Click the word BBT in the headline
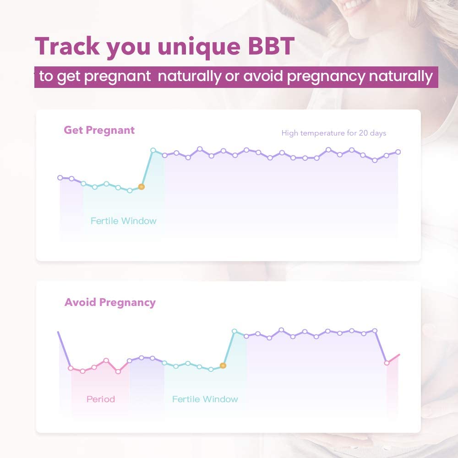(x=271, y=46)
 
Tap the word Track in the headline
(x=67, y=46)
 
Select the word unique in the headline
(x=199, y=47)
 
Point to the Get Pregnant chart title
(x=99, y=130)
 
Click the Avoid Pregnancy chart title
(x=110, y=302)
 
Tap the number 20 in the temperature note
(x=363, y=133)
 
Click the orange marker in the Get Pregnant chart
(x=141, y=187)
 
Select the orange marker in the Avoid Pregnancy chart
(x=223, y=365)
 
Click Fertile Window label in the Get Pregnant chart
(x=123, y=221)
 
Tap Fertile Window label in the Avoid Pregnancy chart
(x=205, y=399)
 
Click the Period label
(x=101, y=399)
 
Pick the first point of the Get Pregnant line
(x=60, y=178)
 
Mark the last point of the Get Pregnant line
(x=398, y=152)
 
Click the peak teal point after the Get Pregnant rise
(x=153, y=150)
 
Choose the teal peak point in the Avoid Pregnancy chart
(x=234, y=331)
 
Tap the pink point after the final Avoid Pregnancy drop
(x=387, y=363)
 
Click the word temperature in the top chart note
(x=322, y=133)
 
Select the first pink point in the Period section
(x=71, y=368)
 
